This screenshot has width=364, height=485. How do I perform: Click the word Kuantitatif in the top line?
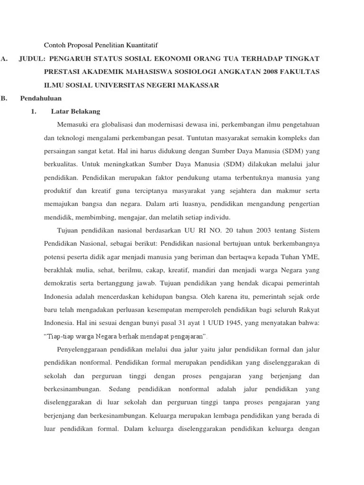click(140, 45)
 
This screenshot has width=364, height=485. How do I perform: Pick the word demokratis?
click(61, 284)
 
